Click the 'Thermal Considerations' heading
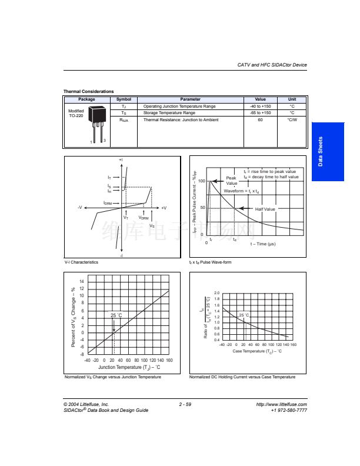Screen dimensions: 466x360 click(89, 91)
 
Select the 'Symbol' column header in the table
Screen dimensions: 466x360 click(124, 99)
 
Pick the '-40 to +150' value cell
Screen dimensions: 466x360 click(260, 106)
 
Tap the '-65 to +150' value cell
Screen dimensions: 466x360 click(260, 112)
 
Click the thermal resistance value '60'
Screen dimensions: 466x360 click(260, 120)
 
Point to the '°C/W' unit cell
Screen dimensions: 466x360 click(292, 120)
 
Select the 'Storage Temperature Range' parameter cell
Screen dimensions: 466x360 click(169, 112)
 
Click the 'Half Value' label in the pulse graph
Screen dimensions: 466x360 click(265, 209)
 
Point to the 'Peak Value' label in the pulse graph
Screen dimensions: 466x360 click(231, 180)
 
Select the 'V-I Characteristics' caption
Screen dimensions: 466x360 click(81, 262)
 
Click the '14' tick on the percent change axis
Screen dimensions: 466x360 click(82, 282)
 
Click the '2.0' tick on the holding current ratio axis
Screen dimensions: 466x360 click(217, 292)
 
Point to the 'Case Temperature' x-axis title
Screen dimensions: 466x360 click(257, 351)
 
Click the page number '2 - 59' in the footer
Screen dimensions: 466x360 click(185, 404)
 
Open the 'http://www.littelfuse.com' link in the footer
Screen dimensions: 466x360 click(282, 404)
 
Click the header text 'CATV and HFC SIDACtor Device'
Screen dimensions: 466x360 click(272, 65)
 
